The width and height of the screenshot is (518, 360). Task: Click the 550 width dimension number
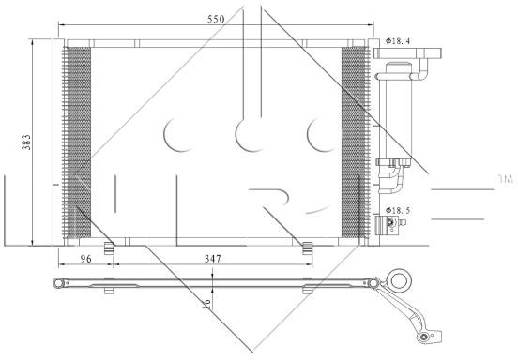click(216, 19)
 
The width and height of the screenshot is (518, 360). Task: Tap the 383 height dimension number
click(26, 142)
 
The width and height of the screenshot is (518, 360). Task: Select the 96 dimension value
click(86, 259)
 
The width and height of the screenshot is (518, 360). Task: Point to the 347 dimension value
click(212, 259)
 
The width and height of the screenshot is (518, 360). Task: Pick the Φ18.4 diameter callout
click(398, 41)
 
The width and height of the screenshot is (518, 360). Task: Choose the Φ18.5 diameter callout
click(398, 210)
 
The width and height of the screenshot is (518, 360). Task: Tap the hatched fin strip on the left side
click(77, 142)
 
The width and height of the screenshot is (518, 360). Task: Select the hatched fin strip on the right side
click(355, 142)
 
